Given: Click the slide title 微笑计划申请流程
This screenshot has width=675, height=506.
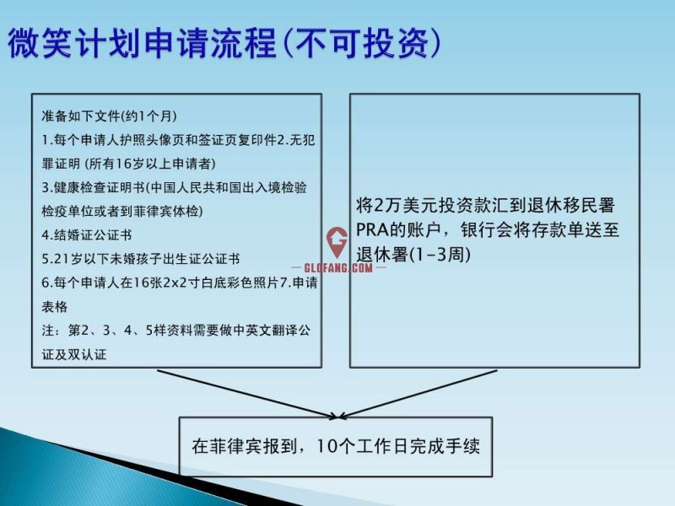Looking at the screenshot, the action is coord(142,43).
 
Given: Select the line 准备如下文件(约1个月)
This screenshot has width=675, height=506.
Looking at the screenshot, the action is coord(110,116).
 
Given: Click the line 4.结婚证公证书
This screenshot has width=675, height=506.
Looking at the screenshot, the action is coord(87,235).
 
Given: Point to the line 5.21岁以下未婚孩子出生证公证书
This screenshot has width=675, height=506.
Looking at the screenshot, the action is coord(141,259).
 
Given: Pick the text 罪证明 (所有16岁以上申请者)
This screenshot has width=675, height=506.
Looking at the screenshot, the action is coord(129,164).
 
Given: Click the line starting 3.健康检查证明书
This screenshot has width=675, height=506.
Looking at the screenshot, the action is coord(175,187).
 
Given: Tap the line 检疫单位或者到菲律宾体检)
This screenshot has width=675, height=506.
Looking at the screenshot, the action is coord(122,212).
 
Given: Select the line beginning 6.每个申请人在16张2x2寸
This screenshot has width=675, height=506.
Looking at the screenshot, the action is coord(180,283).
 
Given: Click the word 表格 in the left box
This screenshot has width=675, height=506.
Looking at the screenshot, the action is coord(55,306).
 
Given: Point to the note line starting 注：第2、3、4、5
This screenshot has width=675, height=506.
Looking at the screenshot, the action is coord(176,331).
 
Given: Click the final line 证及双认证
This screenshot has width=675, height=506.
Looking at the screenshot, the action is coord(74,354).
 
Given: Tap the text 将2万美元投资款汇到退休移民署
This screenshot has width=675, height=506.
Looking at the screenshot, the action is coord(485,205).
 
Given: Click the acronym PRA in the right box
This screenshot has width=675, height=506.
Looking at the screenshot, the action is coord(372,229).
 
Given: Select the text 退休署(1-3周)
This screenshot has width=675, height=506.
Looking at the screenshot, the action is coord(413,255).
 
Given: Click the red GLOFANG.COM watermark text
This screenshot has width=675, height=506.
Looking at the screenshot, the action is coord(338,267).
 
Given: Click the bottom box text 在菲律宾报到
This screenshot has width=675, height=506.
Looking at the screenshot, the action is coord(245,446).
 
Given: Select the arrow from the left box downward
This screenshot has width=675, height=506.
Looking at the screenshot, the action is coord(248,394).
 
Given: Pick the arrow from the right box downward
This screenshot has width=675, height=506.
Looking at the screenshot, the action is coord(418,394).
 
